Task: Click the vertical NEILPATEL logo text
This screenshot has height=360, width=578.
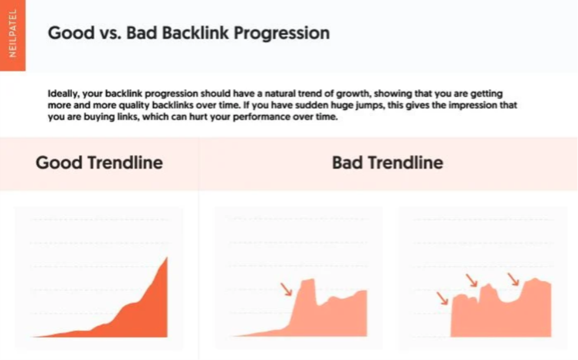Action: (13, 34)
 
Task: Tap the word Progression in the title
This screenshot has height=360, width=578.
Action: (282, 34)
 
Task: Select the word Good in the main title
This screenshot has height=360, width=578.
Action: (71, 33)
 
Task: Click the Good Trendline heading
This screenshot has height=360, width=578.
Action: (99, 162)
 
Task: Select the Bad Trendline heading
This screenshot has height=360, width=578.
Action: (387, 162)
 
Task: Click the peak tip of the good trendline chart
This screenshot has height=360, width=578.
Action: (167, 258)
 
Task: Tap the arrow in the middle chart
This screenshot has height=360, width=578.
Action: (286, 289)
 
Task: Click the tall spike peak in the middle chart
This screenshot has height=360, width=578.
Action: (308, 280)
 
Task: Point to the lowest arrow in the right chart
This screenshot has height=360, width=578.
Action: (442, 298)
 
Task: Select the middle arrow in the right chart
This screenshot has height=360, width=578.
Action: (472, 280)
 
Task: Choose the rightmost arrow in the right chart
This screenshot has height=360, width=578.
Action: (514, 279)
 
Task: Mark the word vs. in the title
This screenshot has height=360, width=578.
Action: (110, 34)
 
